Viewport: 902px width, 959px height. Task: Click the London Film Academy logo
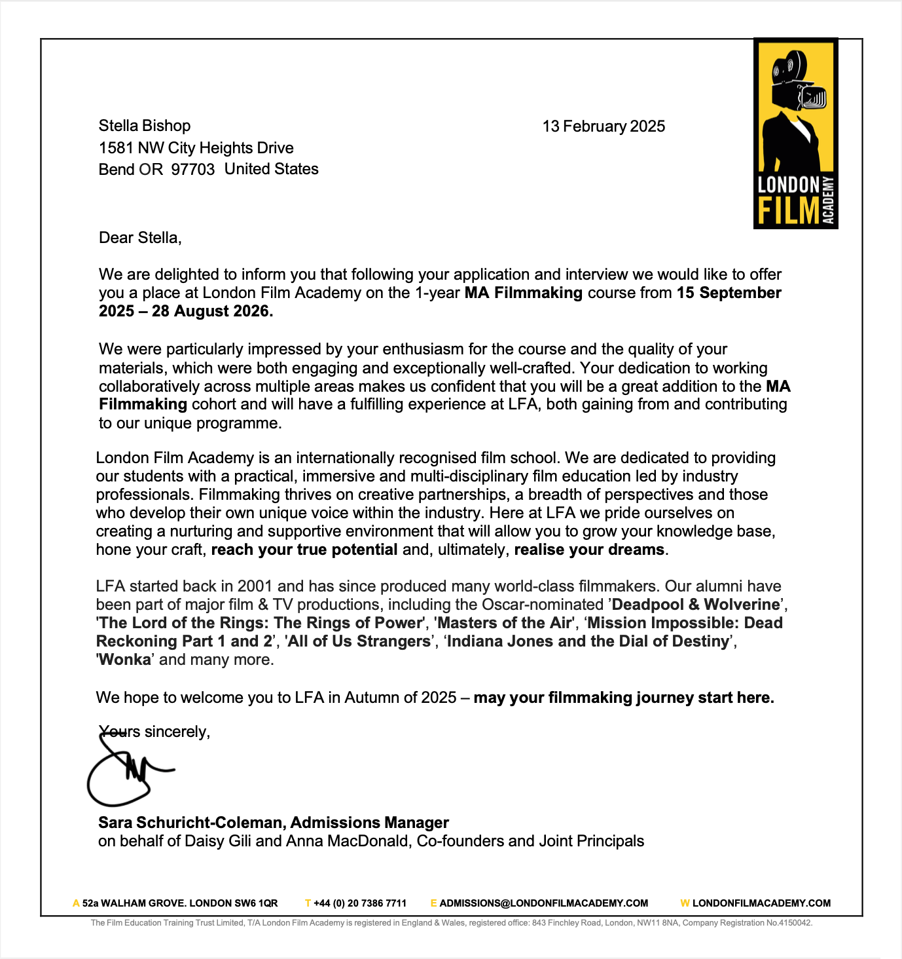point(795,134)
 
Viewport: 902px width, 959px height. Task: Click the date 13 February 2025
point(604,126)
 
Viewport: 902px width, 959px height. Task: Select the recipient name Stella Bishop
point(145,126)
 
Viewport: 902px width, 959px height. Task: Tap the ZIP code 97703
point(193,170)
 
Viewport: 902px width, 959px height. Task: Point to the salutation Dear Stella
point(140,238)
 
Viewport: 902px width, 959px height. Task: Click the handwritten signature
point(128,773)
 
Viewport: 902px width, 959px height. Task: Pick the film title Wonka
point(126,660)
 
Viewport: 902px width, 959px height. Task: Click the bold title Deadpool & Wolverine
point(696,605)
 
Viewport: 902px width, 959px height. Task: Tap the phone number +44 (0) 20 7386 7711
point(360,903)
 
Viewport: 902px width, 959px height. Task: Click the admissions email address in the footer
point(544,903)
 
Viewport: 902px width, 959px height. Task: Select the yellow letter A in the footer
point(76,903)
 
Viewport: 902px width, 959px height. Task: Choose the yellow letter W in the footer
point(685,903)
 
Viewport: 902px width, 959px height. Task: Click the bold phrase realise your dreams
point(589,550)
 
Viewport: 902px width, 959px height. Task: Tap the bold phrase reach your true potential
point(304,550)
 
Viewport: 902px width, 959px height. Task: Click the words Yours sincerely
point(154,732)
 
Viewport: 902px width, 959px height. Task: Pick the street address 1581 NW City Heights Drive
point(196,148)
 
